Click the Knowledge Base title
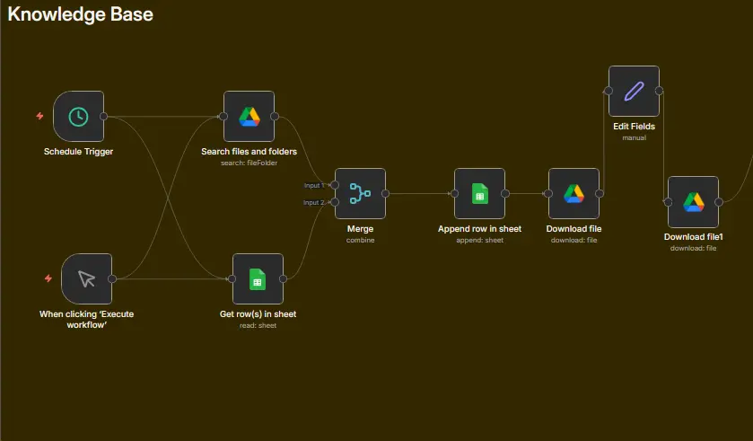coord(80,14)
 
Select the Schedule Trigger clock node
coord(78,116)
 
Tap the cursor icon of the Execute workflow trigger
coord(86,278)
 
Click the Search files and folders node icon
coord(250,116)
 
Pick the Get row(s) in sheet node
coord(258,278)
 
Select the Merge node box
coord(360,194)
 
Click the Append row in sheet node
coord(480,194)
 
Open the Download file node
coord(574,194)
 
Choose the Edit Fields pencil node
coord(634,92)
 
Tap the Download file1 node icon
coord(694,202)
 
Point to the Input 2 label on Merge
coord(313,203)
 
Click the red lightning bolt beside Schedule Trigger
coord(39,116)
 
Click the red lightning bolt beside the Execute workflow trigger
coord(48,278)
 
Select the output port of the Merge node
coord(386,194)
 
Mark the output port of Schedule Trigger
coord(104,116)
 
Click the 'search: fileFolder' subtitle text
coord(250,163)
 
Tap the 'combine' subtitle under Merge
coord(360,240)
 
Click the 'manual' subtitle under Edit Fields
coord(634,138)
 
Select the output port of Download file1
coord(719,202)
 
